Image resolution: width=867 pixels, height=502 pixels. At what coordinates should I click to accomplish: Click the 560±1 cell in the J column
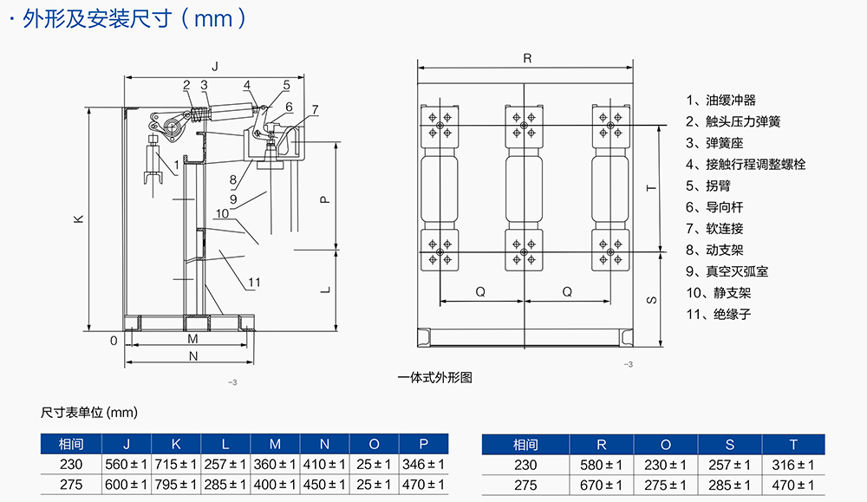tap(127, 464)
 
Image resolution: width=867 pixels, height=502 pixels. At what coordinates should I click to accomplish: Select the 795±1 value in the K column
tap(177, 485)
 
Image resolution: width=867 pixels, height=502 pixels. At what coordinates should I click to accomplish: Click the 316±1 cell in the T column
tap(791, 465)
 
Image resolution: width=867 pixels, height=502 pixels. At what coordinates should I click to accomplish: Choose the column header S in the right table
tap(729, 445)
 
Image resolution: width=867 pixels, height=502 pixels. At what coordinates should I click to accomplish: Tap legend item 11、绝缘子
tap(719, 314)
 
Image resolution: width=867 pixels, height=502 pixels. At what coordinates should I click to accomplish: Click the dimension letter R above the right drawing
tap(528, 58)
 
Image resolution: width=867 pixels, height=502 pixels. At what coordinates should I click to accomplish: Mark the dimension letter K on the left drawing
tap(78, 220)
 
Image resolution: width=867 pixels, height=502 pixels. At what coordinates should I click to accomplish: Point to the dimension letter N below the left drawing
tap(193, 355)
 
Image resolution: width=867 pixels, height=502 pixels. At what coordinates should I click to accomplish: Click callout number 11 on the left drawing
tap(254, 283)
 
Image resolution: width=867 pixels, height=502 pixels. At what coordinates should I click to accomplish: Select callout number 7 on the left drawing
tap(315, 109)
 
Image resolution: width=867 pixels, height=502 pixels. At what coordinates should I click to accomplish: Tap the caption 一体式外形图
tap(434, 377)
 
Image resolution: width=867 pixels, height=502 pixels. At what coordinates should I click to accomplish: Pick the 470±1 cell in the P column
tap(424, 485)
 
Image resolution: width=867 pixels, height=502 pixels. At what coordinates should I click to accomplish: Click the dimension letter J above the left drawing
tap(215, 67)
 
